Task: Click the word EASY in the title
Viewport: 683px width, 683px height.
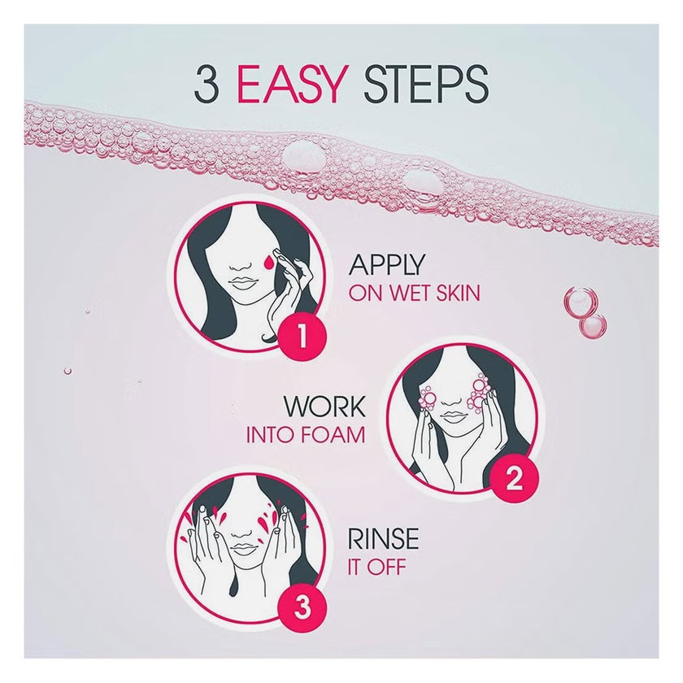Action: pyautogui.click(x=289, y=85)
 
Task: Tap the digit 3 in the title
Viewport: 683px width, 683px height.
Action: pyautogui.click(x=205, y=85)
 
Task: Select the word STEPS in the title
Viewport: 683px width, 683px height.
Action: pyautogui.click(x=425, y=85)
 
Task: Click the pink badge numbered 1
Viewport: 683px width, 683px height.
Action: pyautogui.click(x=302, y=337)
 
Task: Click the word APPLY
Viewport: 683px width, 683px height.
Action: pyautogui.click(x=386, y=264)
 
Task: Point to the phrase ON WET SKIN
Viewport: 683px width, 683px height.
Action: pyautogui.click(x=414, y=294)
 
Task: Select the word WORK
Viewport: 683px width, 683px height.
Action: pyautogui.click(x=324, y=406)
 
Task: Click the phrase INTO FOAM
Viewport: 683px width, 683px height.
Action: pyautogui.click(x=306, y=435)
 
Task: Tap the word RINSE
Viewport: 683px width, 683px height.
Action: pyautogui.click(x=383, y=539)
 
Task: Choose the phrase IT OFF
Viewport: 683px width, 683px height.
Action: pyautogui.click(x=376, y=568)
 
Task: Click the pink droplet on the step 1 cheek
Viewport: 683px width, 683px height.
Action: pyautogui.click(x=269, y=262)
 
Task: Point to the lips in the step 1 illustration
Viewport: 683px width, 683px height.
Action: pyautogui.click(x=242, y=283)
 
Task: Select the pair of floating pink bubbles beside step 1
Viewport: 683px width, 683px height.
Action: pyautogui.click(x=585, y=311)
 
